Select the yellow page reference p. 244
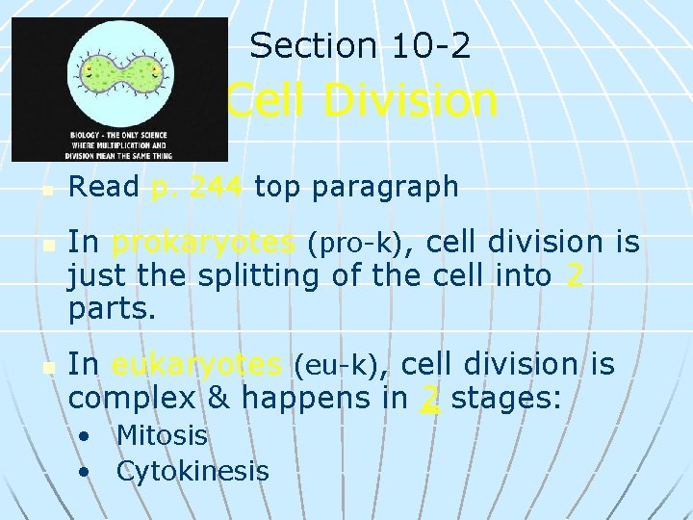(x=197, y=187)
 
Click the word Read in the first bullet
(x=104, y=187)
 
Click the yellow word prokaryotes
(x=203, y=243)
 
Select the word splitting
(x=256, y=277)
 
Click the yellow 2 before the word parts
(x=575, y=277)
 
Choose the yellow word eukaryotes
(x=197, y=364)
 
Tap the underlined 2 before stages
(x=431, y=399)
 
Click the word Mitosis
(x=162, y=435)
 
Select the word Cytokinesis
(x=192, y=471)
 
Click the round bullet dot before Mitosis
(x=86, y=436)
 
